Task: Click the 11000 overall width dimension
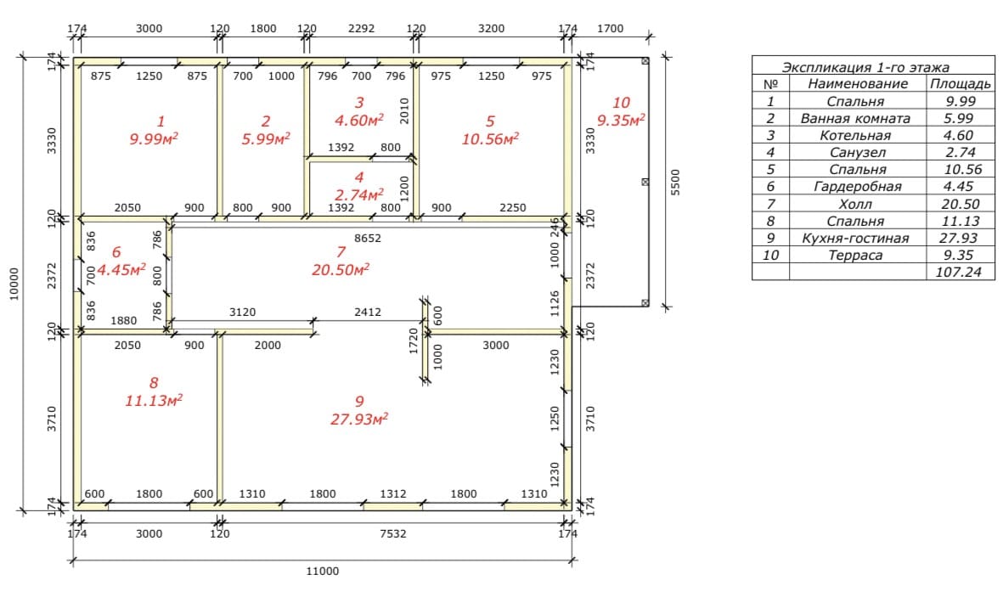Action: [x=323, y=571]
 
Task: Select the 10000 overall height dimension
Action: [x=14, y=284]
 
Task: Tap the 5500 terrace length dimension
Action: [x=676, y=183]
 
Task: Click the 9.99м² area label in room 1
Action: [x=154, y=139]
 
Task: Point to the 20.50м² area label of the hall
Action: [x=341, y=270]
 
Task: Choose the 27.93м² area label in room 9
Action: [x=359, y=420]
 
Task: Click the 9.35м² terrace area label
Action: [x=621, y=121]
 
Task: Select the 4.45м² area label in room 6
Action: [x=121, y=269]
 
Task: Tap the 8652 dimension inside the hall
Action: [x=368, y=238]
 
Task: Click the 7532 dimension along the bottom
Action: [x=392, y=533]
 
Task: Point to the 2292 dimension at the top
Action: [x=362, y=28]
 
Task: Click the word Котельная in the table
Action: [x=855, y=136]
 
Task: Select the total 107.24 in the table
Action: [x=958, y=272]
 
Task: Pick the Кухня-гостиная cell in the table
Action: [x=855, y=238]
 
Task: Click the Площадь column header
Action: [x=961, y=84]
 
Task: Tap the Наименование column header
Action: [x=858, y=84]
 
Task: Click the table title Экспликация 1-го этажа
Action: [x=865, y=67]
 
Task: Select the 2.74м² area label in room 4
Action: [x=359, y=194]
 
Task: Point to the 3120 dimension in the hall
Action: [x=242, y=313]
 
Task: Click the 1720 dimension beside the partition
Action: [x=414, y=341]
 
